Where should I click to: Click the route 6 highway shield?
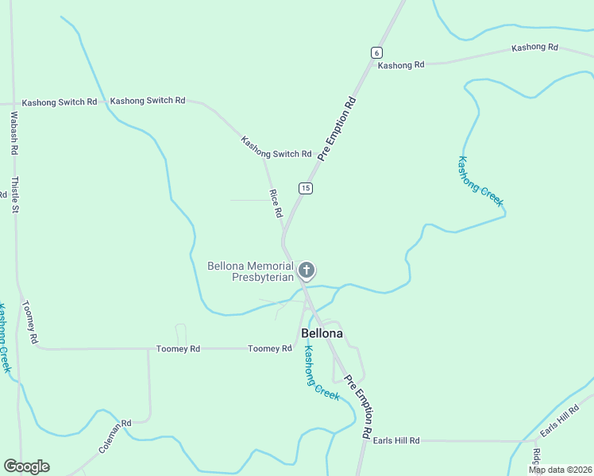click(x=376, y=52)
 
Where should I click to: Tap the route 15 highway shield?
click(x=306, y=188)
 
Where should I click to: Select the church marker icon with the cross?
click(x=307, y=271)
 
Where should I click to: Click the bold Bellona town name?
click(x=322, y=333)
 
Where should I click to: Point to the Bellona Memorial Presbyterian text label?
click(x=250, y=271)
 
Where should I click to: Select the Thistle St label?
click(x=13, y=195)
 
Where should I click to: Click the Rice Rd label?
click(x=276, y=204)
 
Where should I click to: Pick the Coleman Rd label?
click(x=114, y=437)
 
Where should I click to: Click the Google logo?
click(x=26, y=466)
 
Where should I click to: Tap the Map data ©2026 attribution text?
click(x=559, y=470)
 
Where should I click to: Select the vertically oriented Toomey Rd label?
click(x=29, y=322)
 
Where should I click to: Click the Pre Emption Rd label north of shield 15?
click(x=337, y=129)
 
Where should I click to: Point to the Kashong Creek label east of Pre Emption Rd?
click(x=480, y=182)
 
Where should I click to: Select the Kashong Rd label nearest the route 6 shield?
click(x=400, y=65)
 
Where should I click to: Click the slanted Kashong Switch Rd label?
click(x=276, y=148)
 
